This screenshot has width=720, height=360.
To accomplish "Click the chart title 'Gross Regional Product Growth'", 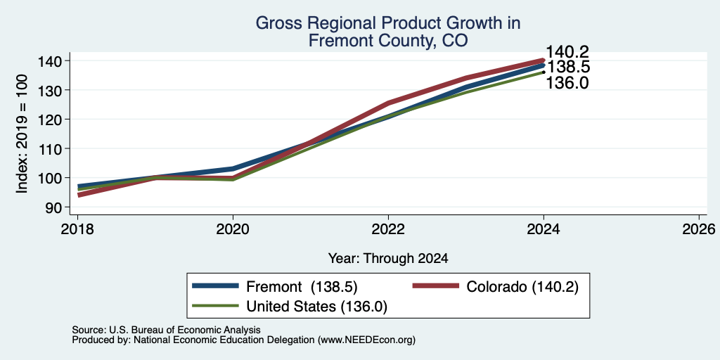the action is click(x=388, y=23).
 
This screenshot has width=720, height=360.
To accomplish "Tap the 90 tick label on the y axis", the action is click(x=53, y=207).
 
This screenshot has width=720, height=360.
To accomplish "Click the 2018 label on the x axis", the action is click(x=77, y=229).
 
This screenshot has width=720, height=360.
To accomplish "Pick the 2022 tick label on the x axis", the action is click(x=388, y=229).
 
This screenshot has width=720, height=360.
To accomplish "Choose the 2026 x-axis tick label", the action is click(x=700, y=229).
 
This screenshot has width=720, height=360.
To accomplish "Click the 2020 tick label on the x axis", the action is click(x=233, y=229).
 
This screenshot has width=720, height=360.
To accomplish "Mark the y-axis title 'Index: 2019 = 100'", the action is click(x=22, y=134).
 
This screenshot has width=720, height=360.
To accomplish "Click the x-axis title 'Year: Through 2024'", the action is click(x=388, y=259).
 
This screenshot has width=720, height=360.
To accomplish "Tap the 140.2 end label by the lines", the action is click(x=567, y=52).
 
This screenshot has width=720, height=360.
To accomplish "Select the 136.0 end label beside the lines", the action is click(x=567, y=83).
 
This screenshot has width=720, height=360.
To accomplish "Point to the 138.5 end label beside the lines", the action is click(x=567, y=67).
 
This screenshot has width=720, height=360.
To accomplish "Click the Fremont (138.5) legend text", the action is click(x=302, y=287).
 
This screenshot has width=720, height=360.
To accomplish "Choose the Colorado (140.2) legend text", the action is click(x=522, y=287).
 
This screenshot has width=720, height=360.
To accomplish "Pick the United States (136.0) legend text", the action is click(x=317, y=307).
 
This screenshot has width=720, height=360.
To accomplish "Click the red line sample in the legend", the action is click(x=436, y=286).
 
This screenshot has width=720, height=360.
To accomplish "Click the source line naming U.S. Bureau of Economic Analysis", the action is click(x=166, y=330).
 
